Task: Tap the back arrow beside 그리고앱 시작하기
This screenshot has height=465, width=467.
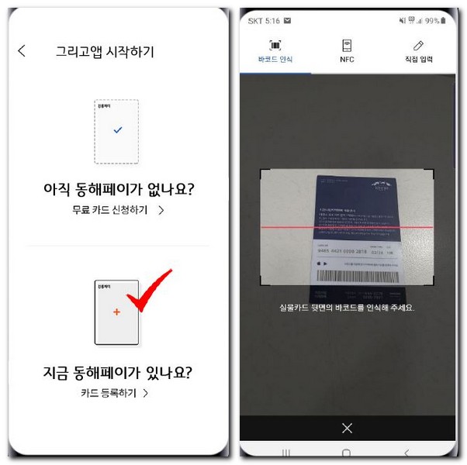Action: click(22, 51)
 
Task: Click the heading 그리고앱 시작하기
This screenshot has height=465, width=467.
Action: click(106, 52)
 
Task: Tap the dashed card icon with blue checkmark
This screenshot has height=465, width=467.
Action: click(116, 131)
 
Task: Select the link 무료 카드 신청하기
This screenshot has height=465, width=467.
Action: click(116, 209)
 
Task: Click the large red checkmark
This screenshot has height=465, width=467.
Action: click(151, 291)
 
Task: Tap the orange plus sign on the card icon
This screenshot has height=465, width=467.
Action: click(116, 312)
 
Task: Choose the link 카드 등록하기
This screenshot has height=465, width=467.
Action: click(115, 393)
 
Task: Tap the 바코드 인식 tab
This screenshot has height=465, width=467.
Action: click(275, 51)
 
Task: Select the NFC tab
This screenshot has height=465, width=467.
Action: click(347, 51)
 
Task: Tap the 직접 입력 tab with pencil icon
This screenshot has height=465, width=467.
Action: click(418, 51)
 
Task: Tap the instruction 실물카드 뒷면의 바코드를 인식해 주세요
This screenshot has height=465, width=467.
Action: click(347, 308)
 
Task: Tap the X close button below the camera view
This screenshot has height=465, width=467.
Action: click(347, 428)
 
